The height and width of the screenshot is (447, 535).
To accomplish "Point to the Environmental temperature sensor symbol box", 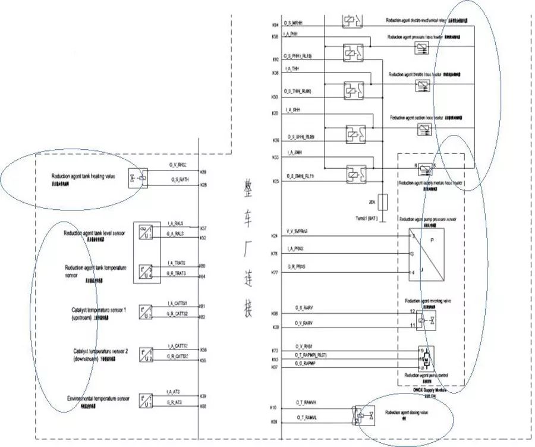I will pyautogui.click(x=146, y=399).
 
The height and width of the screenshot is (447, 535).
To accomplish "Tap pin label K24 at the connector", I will pyautogui.click(x=275, y=237).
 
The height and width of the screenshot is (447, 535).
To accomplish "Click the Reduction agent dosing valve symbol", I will pyautogui.click(x=363, y=415).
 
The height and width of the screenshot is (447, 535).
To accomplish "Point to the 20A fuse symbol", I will pyautogui.click(x=383, y=202).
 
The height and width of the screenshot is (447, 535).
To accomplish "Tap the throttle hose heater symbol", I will pyautogui.click(x=423, y=85).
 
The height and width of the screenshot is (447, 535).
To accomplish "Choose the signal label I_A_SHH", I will pyautogui.click(x=292, y=110).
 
